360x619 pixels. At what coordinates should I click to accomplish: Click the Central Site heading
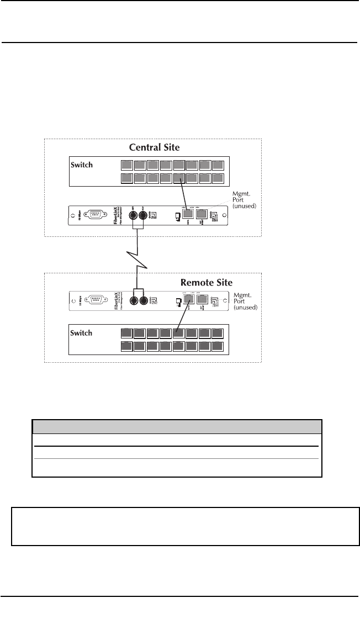coord(154,148)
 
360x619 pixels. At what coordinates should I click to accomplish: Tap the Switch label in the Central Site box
coord(82,165)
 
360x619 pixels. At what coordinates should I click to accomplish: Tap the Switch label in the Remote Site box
coord(82,334)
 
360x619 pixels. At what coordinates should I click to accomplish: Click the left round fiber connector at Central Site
coord(133,216)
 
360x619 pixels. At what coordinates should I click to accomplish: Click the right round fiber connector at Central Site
coord(145,216)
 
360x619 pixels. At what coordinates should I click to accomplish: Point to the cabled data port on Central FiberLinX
coord(188,214)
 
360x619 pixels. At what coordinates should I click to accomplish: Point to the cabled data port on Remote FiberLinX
coord(188,299)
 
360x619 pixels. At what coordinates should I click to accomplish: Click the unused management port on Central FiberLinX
coord(202,214)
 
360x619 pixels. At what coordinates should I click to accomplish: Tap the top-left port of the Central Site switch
coord(126,165)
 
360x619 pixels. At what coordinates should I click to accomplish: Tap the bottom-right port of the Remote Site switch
coord(218,346)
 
